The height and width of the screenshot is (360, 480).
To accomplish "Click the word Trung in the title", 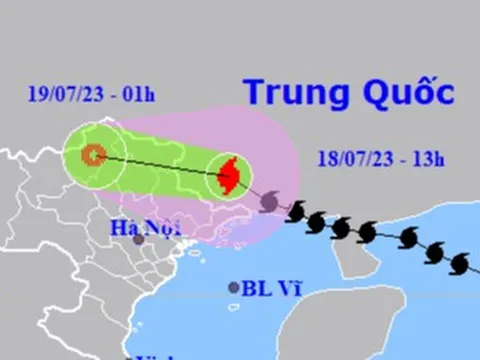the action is (x=289, y=93).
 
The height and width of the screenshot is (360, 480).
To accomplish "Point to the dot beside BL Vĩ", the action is (x=234, y=287).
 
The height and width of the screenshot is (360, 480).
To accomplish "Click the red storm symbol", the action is (x=229, y=176).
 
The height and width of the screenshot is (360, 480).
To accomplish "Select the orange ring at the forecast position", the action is (x=93, y=154).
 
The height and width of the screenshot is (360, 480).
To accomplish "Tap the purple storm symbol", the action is (x=269, y=203).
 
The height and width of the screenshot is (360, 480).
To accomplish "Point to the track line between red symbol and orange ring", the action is (x=160, y=165).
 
